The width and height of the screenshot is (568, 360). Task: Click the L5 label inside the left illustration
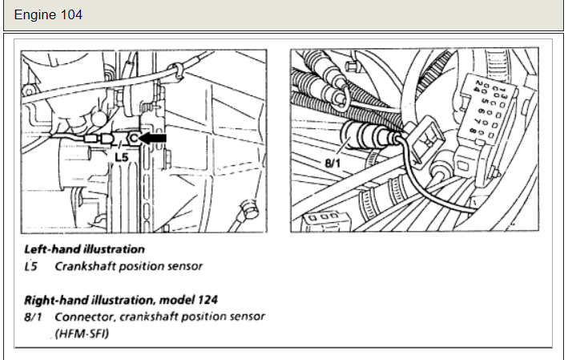pos(121,158)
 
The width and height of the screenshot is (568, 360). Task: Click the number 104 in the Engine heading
pos(70,15)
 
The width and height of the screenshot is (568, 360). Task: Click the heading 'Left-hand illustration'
pos(84,249)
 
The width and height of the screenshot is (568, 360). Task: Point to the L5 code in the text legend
pos(31,265)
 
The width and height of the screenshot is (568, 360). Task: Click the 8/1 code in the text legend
pos(34,316)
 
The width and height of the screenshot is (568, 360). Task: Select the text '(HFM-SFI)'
pos(77,332)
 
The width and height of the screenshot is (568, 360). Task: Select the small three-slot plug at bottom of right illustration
pos(320,216)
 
